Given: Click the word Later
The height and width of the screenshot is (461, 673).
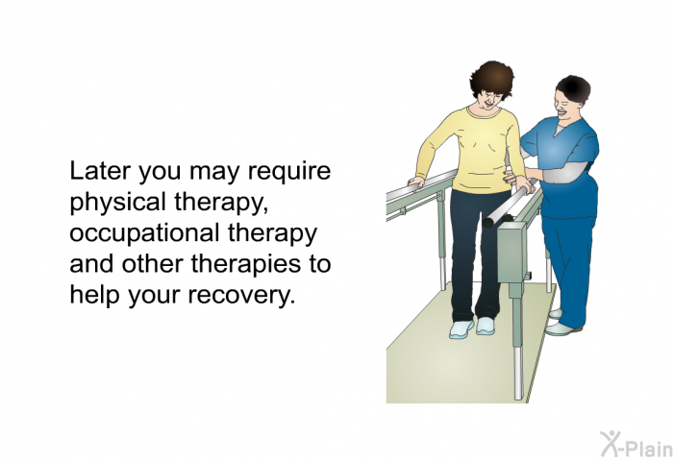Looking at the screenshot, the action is click(x=100, y=171).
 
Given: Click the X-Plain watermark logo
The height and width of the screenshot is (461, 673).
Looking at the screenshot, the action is click(x=636, y=445).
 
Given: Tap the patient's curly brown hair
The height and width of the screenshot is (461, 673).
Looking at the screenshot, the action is click(x=492, y=79).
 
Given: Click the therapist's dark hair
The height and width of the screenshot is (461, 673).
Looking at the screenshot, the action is click(x=574, y=88).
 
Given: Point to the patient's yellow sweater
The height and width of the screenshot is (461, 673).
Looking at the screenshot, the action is click(x=472, y=150).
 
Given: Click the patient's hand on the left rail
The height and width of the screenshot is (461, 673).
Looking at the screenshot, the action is click(x=416, y=182).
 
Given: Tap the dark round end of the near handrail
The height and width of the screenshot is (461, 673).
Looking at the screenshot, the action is click(x=488, y=223).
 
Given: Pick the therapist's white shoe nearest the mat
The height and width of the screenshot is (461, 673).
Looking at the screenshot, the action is click(x=562, y=329).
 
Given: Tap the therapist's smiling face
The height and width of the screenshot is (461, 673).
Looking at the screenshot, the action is click(x=564, y=107).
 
